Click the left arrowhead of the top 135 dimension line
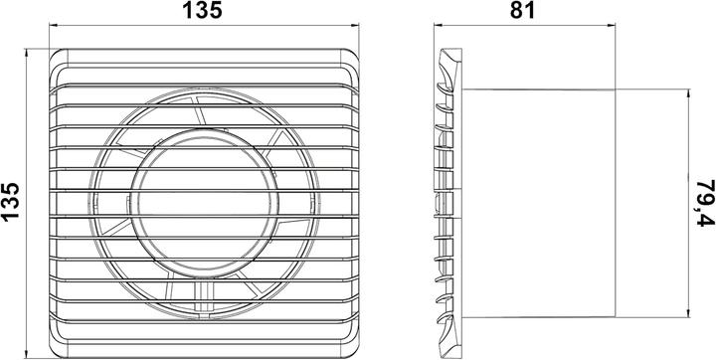(52, 27)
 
